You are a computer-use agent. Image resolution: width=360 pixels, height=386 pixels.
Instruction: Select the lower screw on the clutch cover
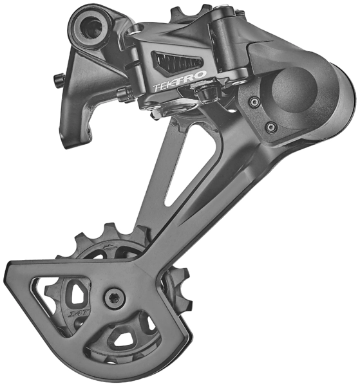pos(271,126)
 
